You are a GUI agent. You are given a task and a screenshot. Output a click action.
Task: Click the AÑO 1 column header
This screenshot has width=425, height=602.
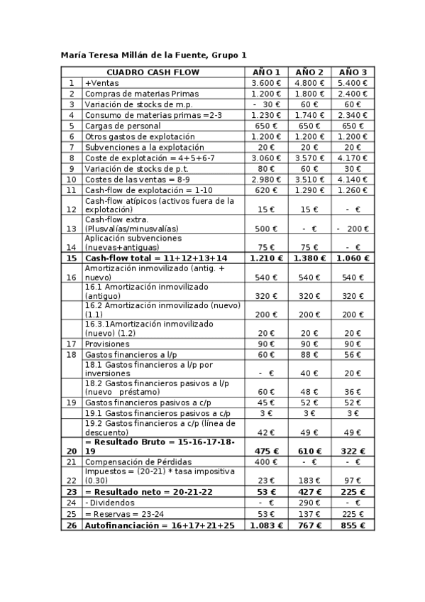click(x=267, y=72)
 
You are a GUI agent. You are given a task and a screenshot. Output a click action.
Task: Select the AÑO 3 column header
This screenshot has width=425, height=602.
click(x=353, y=72)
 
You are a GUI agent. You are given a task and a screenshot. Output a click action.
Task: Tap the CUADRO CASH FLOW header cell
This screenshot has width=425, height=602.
click(x=153, y=72)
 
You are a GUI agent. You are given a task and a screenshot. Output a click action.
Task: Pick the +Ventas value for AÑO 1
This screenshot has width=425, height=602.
click(x=267, y=83)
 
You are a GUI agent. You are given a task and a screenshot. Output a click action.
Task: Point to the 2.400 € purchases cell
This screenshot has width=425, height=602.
click(x=353, y=94)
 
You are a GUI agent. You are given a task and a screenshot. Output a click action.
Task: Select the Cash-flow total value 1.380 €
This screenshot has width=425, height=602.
click(x=309, y=258)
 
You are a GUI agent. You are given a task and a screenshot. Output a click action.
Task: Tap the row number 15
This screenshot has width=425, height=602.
click(x=71, y=258)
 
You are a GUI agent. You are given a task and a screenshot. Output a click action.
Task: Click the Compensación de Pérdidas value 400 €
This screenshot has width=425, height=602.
click(x=267, y=462)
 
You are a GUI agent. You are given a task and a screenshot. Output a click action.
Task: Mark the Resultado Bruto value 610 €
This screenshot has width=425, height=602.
click(x=309, y=450)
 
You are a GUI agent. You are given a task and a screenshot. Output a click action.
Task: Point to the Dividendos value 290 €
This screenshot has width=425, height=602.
click(x=309, y=503)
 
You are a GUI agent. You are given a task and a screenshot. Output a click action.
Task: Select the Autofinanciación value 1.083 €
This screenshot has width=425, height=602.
click(x=267, y=525)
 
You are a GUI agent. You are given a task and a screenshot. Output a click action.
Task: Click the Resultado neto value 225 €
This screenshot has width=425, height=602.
click(x=353, y=491)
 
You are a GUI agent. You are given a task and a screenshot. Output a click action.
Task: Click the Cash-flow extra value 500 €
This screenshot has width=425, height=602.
click(x=267, y=229)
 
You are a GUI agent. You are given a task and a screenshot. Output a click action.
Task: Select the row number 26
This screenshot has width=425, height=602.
click(x=71, y=525)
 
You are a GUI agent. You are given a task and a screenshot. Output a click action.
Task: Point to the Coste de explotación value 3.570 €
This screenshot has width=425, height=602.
click(x=309, y=158)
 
